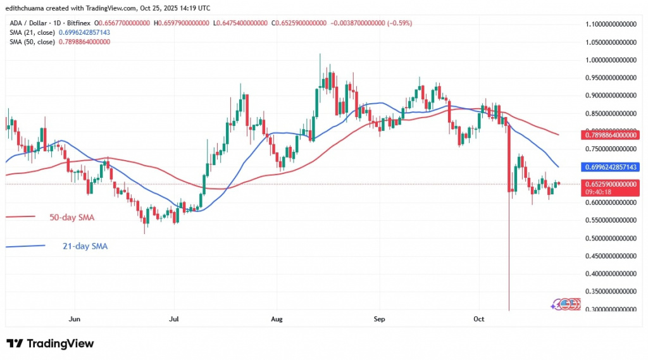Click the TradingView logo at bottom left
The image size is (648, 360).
tap(50, 344)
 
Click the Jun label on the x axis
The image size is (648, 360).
tap(75, 320)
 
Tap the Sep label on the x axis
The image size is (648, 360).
tap(378, 320)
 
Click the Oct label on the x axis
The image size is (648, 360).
tap(478, 320)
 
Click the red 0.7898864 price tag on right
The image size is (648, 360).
tap(609, 135)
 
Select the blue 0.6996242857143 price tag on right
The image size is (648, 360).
tap(609, 166)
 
